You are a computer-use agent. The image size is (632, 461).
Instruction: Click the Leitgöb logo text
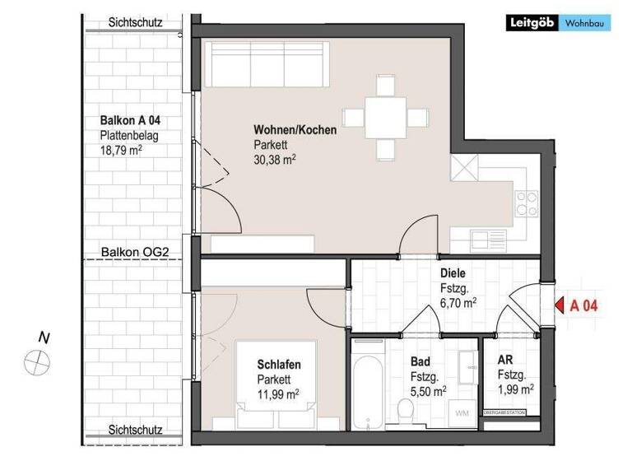[x=532, y=24]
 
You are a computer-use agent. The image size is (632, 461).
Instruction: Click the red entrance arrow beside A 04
[x=559, y=305]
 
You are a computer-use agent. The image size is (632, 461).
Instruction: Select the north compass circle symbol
[x=37, y=360]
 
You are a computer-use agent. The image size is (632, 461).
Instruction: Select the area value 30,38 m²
[x=275, y=159]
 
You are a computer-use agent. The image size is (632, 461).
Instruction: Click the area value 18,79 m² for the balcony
[x=122, y=151]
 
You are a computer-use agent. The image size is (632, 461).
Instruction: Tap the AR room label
[x=504, y=360]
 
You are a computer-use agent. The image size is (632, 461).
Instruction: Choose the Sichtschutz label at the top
[x=135, y=23]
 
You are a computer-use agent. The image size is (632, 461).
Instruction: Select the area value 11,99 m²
[x=276, y=394]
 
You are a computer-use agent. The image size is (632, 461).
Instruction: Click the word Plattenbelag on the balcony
[x=129, y=136]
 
